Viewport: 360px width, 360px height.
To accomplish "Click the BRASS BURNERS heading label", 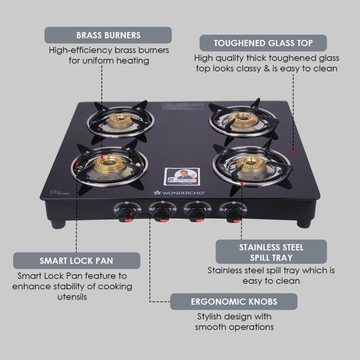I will point(108,35).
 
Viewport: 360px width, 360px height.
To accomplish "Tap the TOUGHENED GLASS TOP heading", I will point(263,43).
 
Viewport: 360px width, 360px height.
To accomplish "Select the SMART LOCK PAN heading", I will point(76,261).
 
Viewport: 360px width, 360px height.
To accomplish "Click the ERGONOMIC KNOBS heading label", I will point(234,301).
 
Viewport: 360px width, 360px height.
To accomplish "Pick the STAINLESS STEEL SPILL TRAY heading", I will point(271,252).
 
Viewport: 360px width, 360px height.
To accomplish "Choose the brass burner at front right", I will point(251,164).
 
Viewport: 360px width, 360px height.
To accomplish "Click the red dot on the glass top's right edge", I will point(293,152).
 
